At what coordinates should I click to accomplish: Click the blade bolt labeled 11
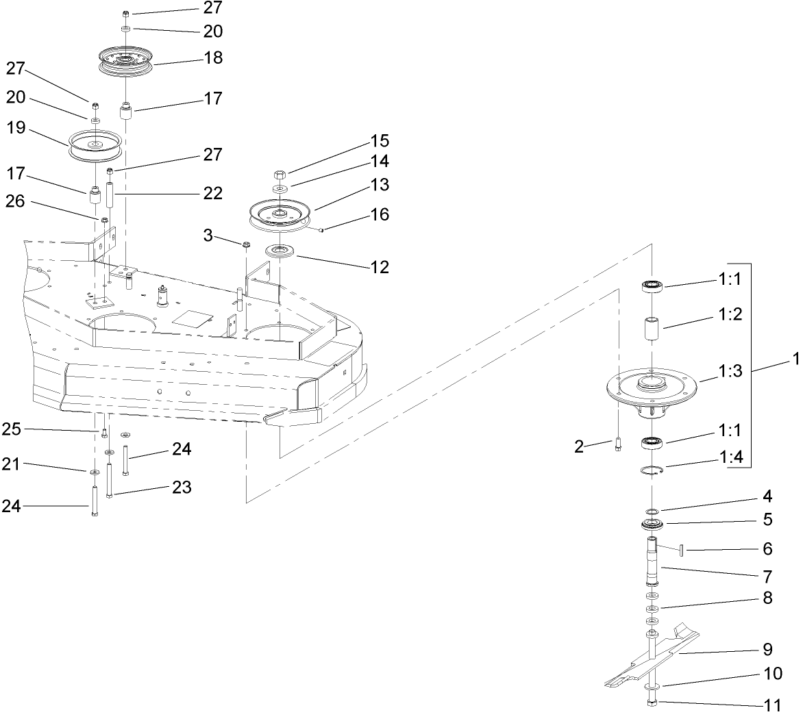651,703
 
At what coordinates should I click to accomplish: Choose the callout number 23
182,488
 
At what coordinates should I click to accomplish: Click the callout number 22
212,194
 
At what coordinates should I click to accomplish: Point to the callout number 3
207,236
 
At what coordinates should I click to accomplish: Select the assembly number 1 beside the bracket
795,358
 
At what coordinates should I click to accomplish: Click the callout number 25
12,429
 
